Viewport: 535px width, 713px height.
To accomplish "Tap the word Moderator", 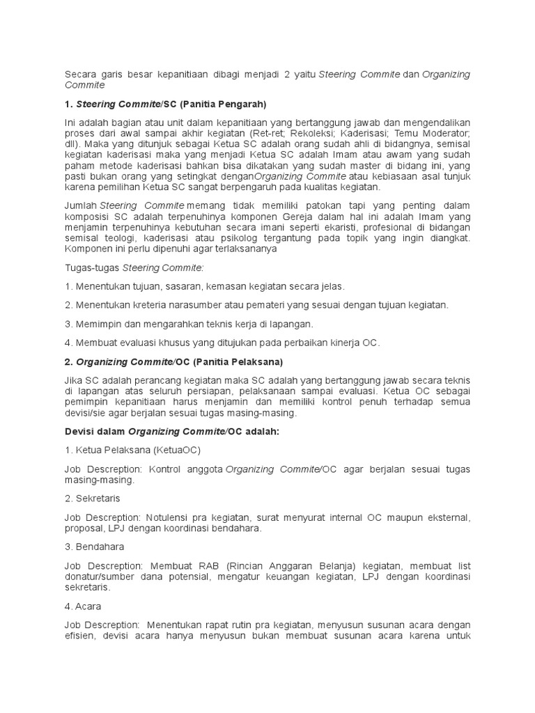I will click(x=445, y=134).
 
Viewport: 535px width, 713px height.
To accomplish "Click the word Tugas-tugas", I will click(x=92, y=267).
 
